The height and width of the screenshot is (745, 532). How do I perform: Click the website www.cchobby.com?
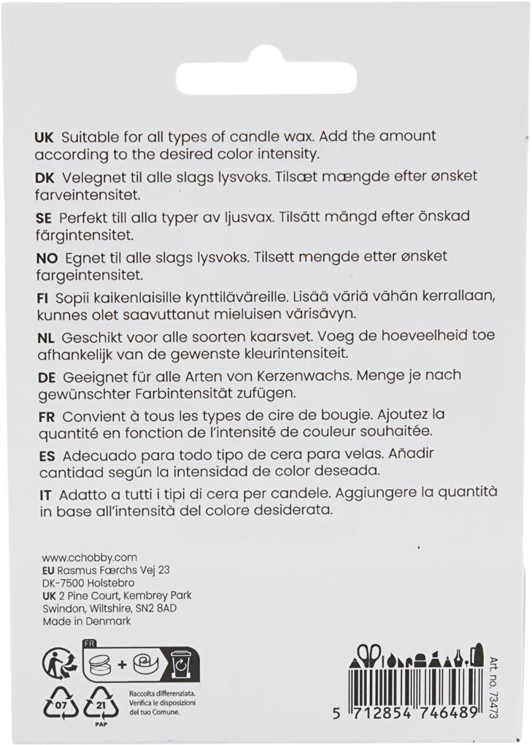coord(80,557)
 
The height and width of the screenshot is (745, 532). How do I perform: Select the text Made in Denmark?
coord(87,621)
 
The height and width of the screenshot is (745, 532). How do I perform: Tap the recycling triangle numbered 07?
coord(61,704)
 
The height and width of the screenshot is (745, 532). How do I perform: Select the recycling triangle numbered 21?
coord(101,704)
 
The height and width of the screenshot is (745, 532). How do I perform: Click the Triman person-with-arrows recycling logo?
coord(60,663)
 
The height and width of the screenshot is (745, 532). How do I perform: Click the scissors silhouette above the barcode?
coord(370,655)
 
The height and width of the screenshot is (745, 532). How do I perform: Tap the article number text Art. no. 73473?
coord(493,682)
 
